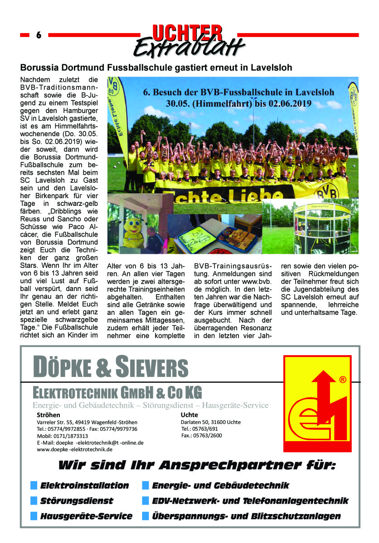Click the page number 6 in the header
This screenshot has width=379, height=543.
click(39, 35)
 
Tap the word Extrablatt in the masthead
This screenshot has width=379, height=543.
click(189, 47)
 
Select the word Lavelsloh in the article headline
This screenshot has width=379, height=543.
click(269, 68)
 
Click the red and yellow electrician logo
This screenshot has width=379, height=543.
click(317, 404)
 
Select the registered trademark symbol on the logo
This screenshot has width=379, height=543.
click(342, 379)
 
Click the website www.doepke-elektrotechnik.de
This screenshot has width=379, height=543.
click(74, 449)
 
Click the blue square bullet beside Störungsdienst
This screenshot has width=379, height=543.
click(34, 500)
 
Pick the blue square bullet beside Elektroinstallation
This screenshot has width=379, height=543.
click(34, 486)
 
